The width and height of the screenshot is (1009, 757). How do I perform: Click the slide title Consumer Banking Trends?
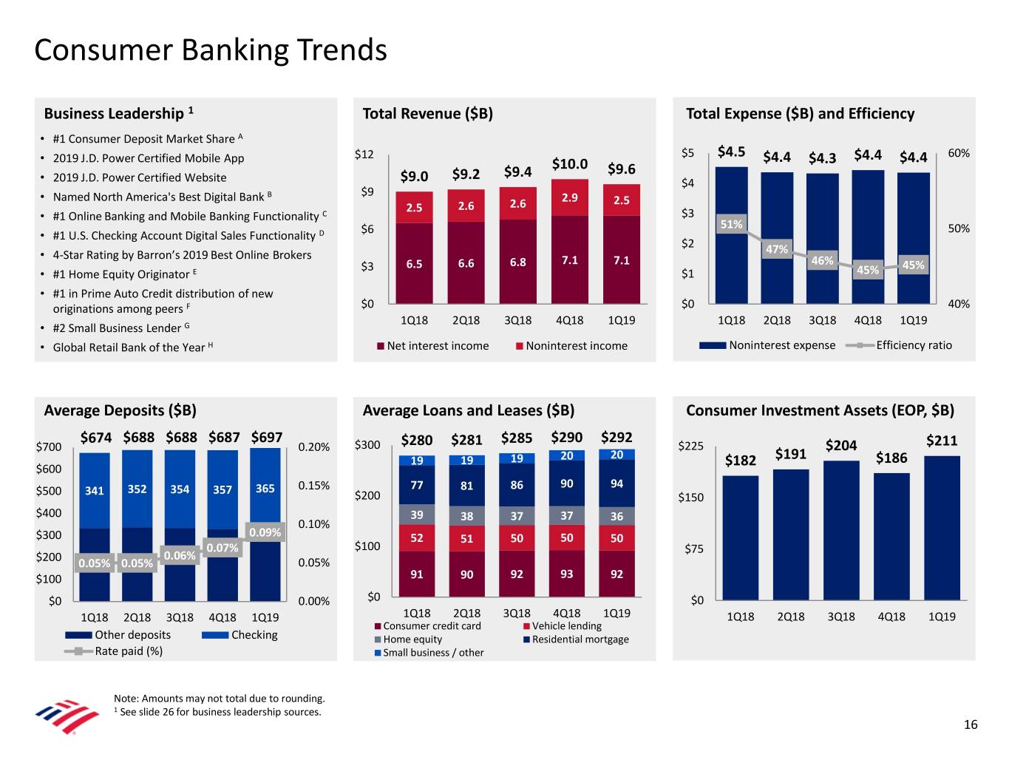[211, 50]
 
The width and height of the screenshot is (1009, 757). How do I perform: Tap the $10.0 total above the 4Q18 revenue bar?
[569, 164]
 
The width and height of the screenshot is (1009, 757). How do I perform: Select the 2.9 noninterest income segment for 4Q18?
[569, 197]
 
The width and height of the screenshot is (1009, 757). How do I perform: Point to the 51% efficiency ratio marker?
[731, 224]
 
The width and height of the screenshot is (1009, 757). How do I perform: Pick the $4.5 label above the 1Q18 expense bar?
[731, 152]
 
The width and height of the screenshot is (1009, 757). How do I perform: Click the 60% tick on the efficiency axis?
[958, 153]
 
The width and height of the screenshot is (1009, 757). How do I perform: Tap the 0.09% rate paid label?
[265, 532]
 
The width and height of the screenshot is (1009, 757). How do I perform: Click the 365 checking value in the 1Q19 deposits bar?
[265, 489]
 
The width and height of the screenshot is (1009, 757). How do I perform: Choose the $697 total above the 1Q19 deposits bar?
[266, 437]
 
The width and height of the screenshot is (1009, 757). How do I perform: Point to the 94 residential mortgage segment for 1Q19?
[616, 483]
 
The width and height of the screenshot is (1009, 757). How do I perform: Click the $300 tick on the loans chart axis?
[367, 445]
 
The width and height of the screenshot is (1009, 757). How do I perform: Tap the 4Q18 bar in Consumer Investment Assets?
[891, 536]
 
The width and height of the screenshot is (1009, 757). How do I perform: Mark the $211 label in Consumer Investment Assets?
[941, 441]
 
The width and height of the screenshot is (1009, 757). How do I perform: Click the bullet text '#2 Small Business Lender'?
[117, 328]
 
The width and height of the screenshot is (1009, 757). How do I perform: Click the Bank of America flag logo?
[67, 715]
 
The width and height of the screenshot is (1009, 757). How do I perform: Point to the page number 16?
[971, 724]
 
